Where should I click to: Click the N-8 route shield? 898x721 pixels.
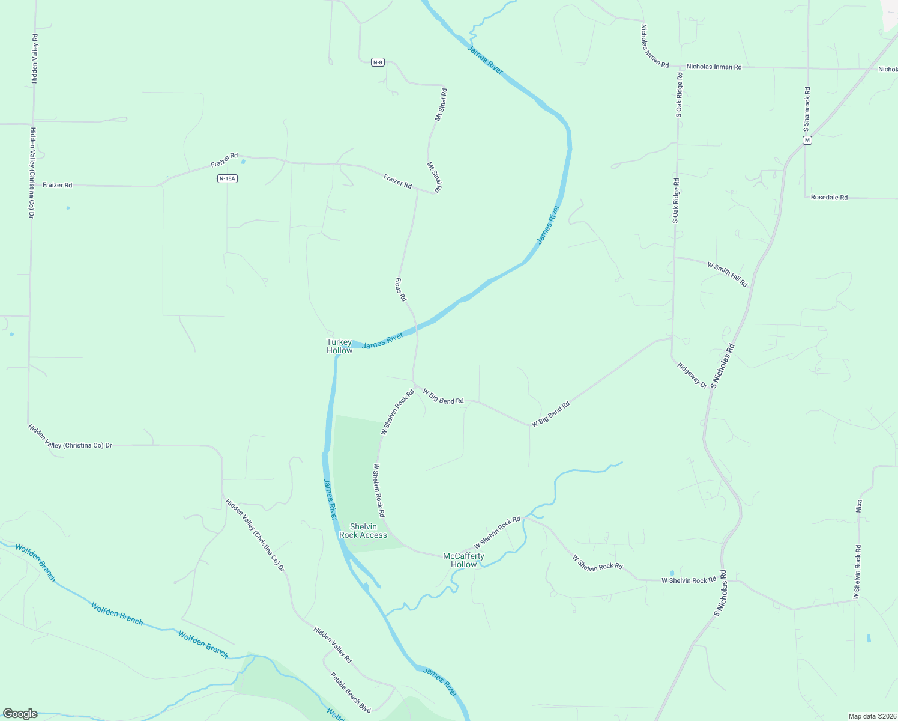[377, 62]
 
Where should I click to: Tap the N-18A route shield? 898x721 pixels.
[227, 178]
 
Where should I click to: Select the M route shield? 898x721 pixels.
[807, 140]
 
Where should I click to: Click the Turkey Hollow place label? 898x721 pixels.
[339, 346]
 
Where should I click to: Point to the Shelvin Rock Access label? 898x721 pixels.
[363, 531]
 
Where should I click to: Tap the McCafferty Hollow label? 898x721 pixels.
[463, 560]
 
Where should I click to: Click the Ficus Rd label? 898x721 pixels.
[400, 289]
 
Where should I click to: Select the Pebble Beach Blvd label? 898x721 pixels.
[350, 692]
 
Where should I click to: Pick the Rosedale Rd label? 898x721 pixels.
[829, 197]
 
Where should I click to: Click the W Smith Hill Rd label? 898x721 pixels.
[727, 273]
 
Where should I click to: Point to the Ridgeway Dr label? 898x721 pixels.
[692, 375]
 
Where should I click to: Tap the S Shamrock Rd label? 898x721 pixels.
[807, 110]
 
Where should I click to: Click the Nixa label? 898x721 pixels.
[858, 506]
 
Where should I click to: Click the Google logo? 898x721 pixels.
[20, 714]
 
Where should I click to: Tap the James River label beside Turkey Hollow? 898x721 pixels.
[382, 341]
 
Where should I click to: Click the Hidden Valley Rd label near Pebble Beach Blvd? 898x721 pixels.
[333, 645]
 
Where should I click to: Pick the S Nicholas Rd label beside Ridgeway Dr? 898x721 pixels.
[723, 366]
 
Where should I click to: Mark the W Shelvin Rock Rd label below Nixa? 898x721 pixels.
[858, 572]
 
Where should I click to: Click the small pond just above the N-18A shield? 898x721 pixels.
[243, 162]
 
